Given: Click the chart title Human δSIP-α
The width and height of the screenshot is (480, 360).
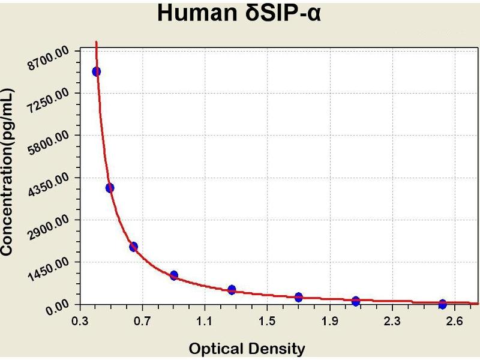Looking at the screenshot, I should (x=239, y=13).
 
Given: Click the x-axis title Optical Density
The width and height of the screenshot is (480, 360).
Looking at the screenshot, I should (x=247, y=349).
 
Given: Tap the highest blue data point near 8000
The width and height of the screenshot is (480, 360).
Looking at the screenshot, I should (x=96, y=71).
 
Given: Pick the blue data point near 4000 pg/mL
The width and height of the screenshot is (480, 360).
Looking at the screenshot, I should (x=110, y=188).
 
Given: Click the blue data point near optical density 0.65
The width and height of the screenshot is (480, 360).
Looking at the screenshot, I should (x=133, y=247).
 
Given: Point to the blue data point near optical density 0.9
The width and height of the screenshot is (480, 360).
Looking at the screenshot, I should (x=174, y=275).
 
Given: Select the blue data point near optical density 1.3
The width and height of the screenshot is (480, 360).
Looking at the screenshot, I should (x=232, y=290).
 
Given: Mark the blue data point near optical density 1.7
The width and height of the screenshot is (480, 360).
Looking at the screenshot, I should (x=299, y=297).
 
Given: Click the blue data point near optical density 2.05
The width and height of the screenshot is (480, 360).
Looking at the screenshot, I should (x=356, y=301).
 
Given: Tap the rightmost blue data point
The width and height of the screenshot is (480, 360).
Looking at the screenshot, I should (x=443, y=304).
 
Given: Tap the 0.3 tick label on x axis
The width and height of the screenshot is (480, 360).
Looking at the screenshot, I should (x=79, y=321).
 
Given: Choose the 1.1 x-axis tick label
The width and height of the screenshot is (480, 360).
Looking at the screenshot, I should (x=205, y=321).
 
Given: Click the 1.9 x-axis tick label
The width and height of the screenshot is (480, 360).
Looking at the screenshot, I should (x=329, y=321).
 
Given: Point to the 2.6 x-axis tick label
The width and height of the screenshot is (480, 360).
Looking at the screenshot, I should (x=455, y=321).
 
